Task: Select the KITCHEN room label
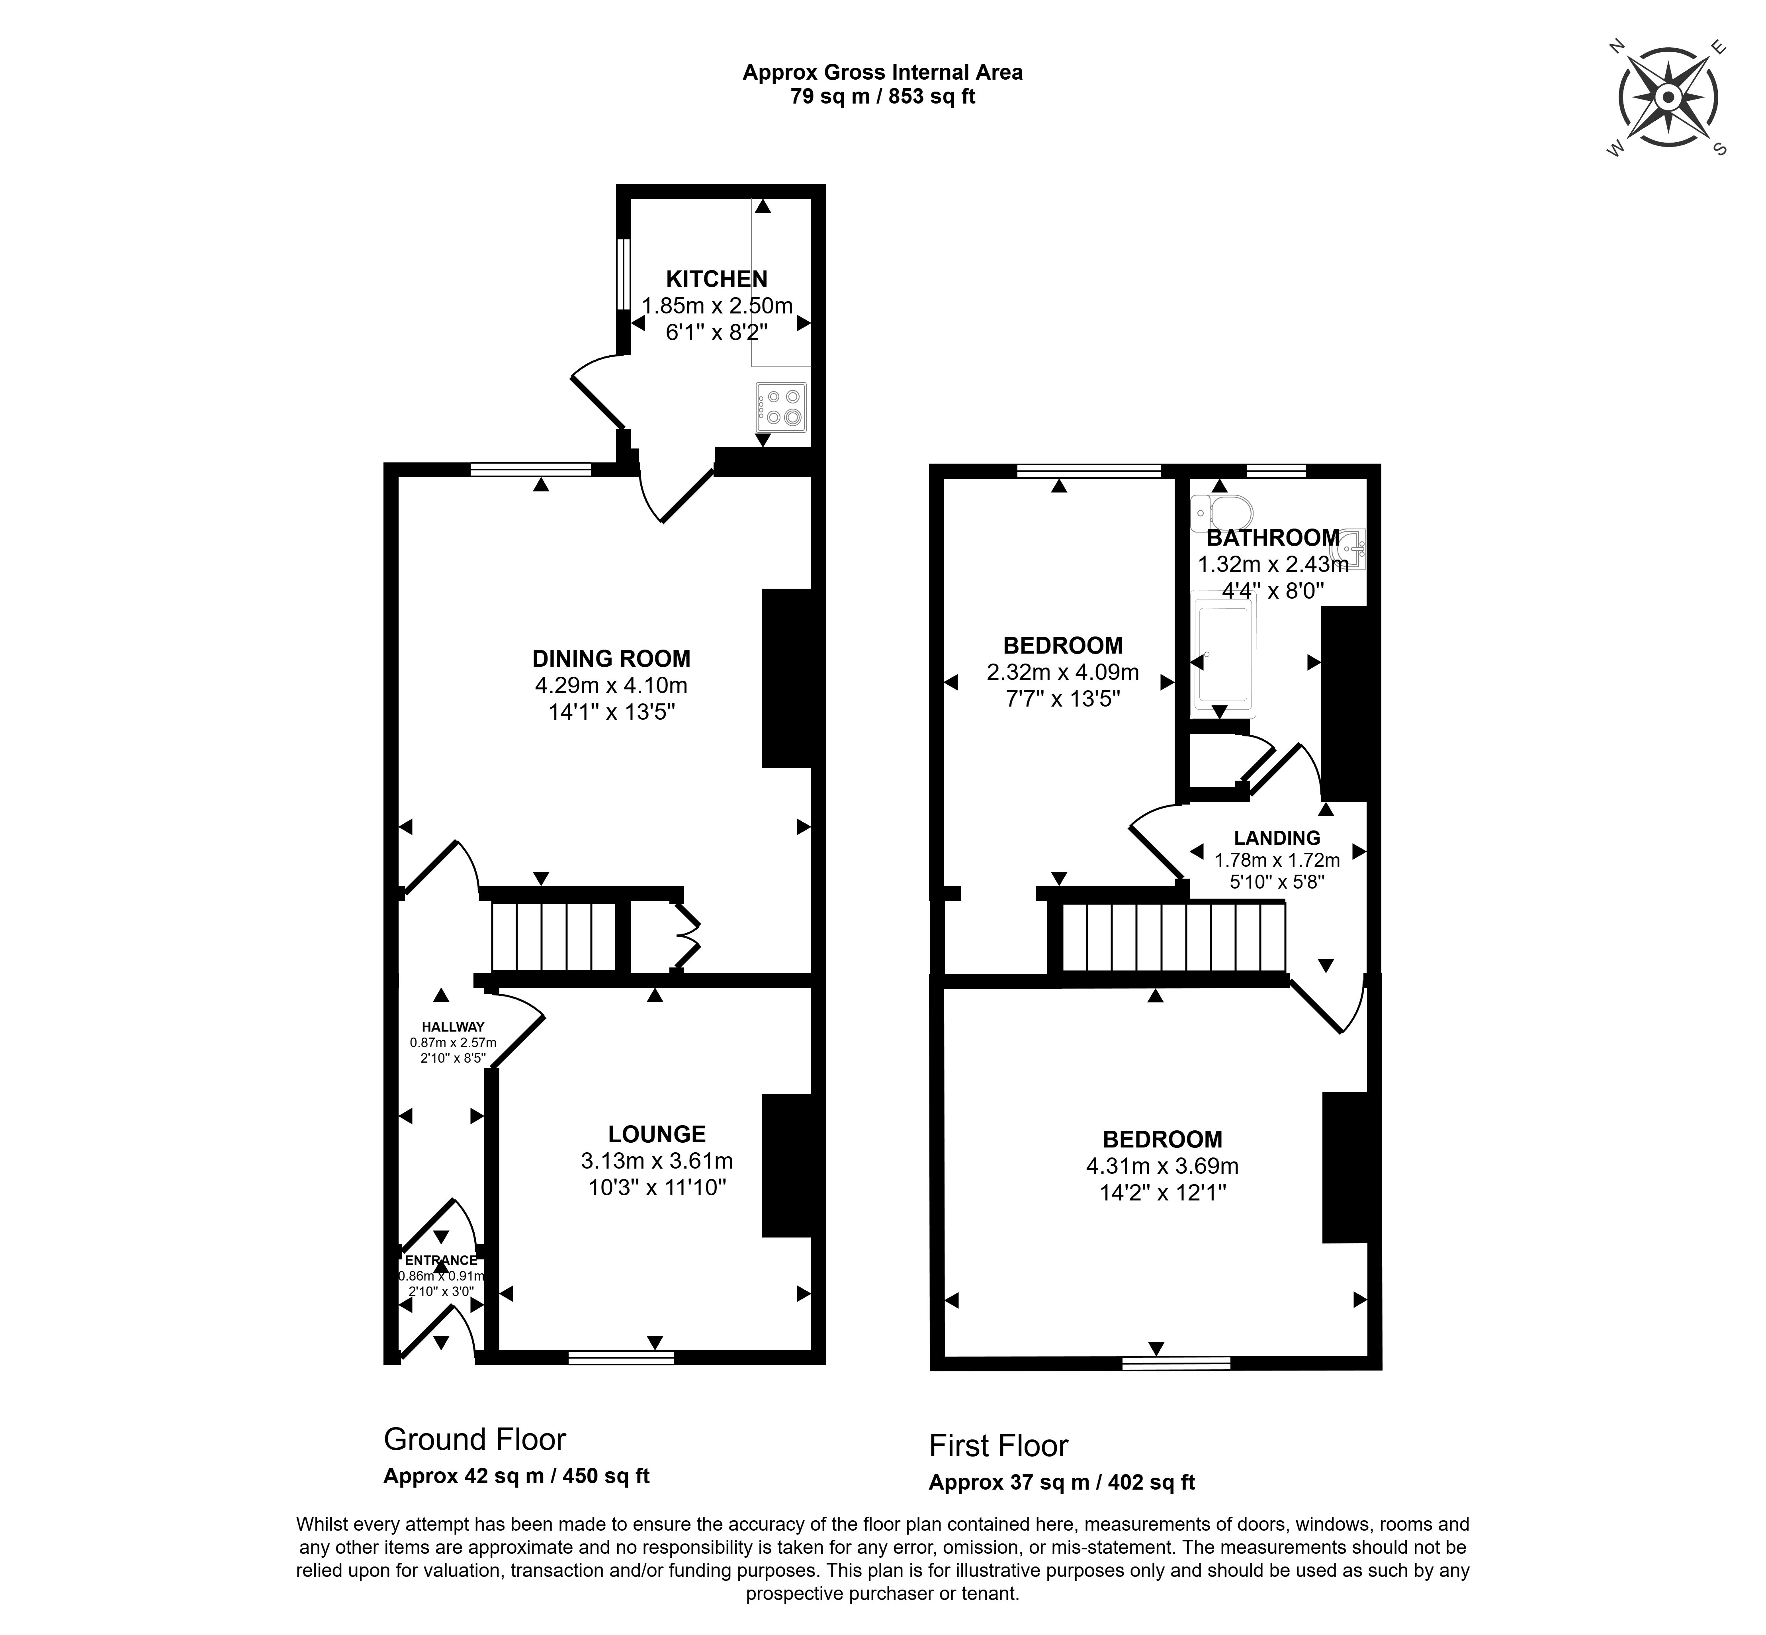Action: pos(716,280)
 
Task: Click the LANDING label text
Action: pos(1277,838)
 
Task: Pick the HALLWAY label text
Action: pos(453,1027)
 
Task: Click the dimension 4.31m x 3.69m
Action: pos(1162,1166)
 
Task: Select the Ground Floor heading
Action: pos(474,1439)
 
